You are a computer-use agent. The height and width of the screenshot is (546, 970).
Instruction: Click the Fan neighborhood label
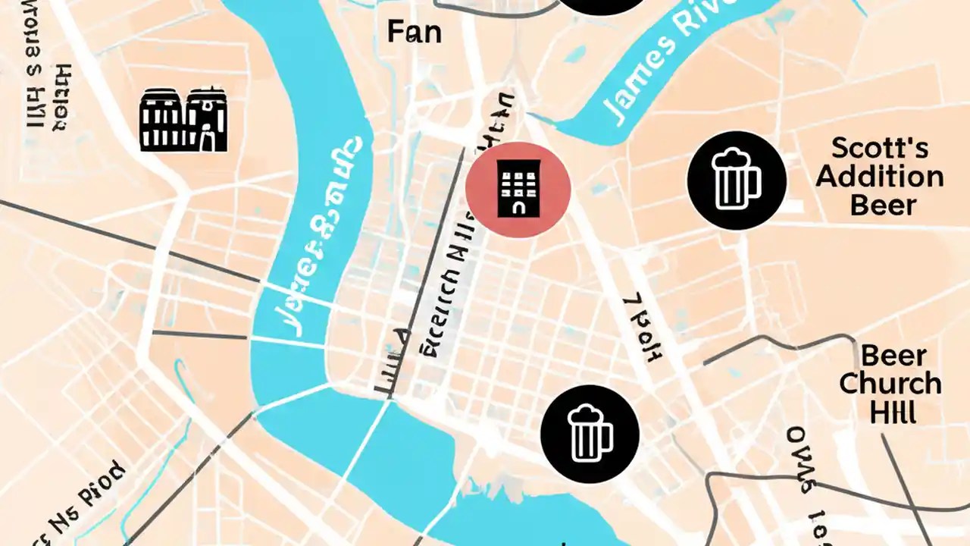coord(414,32)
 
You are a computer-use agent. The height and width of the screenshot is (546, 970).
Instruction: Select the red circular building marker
coord(518,190)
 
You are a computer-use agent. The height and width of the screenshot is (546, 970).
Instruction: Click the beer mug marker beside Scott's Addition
coord(736,180)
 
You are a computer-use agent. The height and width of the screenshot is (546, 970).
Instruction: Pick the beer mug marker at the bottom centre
coord(590,434)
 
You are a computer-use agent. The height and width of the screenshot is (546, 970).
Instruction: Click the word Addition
coord(879,177)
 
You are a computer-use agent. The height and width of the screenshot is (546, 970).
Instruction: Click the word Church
coord(890,384)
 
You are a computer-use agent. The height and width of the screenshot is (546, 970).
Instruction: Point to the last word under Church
coord(893,413)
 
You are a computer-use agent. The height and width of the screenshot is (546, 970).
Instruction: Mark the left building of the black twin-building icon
coord(161,120)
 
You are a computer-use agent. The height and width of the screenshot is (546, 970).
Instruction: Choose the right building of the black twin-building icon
coord(207,120)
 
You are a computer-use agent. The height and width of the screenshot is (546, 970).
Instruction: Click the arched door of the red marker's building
coord(518,206)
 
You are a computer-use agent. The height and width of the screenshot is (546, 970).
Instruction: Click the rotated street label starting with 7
coord(640,326)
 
